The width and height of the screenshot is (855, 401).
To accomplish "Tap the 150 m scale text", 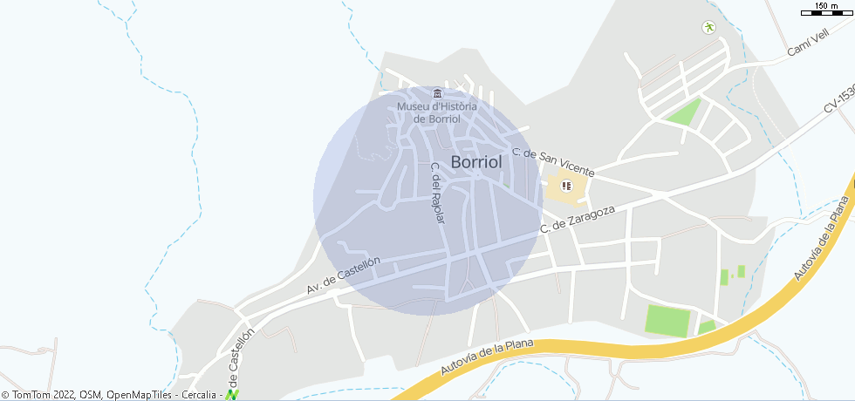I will (825, 6).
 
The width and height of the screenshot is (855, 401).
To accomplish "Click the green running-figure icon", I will (708, 27).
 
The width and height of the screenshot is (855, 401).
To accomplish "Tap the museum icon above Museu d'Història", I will (438, 93).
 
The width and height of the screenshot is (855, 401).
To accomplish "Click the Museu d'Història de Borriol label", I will (437, 112).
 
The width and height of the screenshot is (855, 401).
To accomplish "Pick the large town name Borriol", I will (476, 162).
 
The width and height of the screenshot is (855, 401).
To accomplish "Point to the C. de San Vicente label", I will (553, 162).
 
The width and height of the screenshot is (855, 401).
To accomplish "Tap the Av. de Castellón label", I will (344, 275).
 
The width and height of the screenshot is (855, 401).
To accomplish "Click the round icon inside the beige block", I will (565, 186).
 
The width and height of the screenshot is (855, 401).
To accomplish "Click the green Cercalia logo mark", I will (232, 395).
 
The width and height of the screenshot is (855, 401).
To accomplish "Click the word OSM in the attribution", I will (91, 395).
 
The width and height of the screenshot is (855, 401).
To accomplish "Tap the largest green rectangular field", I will (667, 320).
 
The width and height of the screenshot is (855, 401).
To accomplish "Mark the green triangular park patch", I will (684, 112).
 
